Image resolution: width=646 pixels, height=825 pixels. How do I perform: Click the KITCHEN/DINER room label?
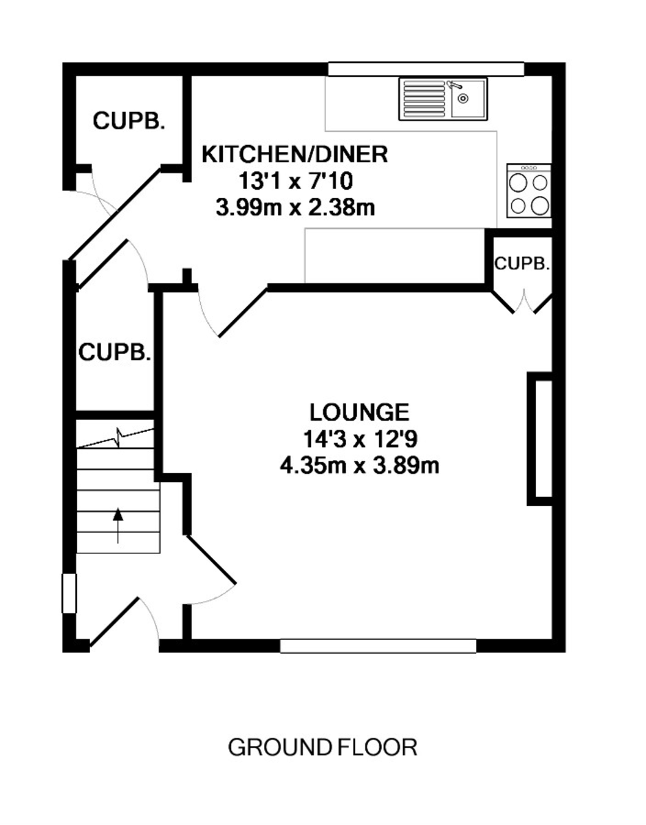(x=294, y=155)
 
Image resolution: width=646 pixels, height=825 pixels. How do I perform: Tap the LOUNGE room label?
(x=360, y=412)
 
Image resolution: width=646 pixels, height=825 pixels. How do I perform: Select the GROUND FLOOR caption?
(x=323, y=747)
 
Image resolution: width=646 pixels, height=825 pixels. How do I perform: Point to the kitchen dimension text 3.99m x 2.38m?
(x=295, y=208)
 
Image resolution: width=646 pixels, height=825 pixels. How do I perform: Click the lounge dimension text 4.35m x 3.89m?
(x=359, y=465)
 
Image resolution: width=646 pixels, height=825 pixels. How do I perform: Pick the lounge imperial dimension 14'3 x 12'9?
(x=360, y=439)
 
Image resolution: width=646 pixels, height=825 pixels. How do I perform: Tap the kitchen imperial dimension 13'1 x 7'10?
(x=295, y=181)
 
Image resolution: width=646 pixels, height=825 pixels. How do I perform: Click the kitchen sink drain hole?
(x=462, y=98)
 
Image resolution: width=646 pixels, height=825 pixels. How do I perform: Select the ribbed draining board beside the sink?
(x=424, y=98)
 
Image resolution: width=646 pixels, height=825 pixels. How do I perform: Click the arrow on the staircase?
(x=118, y=525)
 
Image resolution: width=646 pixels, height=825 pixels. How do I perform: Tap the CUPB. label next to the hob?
(x=521, y=263)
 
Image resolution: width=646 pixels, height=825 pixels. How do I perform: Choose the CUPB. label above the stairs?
(x=114, y=352)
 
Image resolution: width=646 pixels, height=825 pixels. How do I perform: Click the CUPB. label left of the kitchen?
(x=129, y=121)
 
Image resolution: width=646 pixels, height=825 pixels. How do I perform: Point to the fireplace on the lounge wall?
(x=539, y=439)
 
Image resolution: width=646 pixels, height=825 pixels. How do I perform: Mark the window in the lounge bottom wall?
(x=378, y=646)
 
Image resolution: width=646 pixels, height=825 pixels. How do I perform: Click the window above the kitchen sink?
(x=426, y=69)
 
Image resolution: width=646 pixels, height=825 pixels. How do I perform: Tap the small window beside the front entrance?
(x=69, y=593)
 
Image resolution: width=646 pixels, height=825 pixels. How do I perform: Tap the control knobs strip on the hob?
(x=528, y=168)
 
